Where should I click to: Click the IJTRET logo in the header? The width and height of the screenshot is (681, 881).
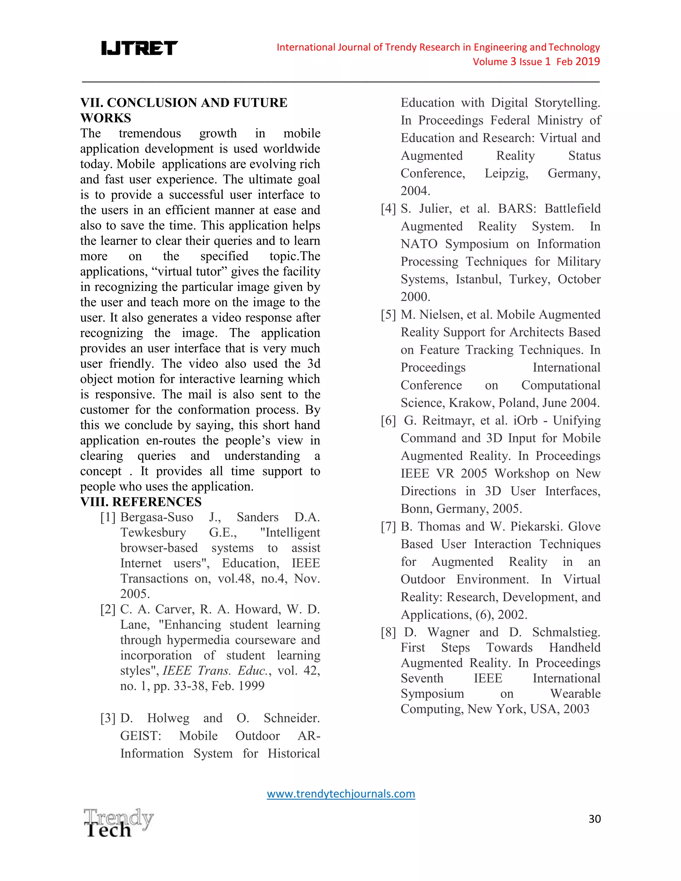(139, 49)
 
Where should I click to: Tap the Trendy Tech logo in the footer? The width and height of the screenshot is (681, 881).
(118, 823)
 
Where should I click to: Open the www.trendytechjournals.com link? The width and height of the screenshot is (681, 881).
(341, 794)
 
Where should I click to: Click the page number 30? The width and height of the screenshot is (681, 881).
(595, 819)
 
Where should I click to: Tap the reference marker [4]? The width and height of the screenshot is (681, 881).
(388, 208)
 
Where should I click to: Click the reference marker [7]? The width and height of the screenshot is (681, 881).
(388, 526)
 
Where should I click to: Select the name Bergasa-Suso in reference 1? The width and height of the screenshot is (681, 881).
(157, 517)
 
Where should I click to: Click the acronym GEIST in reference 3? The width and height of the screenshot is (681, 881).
(140, 736)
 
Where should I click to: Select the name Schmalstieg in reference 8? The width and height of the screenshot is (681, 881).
(566, 632)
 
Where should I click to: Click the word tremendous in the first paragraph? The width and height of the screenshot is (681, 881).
(150, 134)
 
